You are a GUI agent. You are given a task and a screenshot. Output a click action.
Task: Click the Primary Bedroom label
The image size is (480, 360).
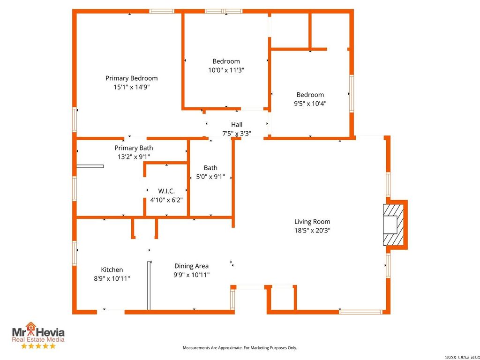[132, 78]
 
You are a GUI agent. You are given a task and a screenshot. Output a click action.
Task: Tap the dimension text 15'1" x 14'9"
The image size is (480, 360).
[132, 87]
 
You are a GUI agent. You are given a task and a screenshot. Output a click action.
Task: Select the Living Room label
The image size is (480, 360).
[312, 222]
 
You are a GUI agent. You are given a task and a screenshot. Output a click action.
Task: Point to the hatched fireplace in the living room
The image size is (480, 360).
[393, 225]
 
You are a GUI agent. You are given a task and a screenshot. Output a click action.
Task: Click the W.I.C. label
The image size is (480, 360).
[166, 191]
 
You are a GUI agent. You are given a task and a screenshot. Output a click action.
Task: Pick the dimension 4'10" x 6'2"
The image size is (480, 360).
[166, 200]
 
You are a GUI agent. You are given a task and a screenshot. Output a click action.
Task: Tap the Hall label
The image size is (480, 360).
[237, 125]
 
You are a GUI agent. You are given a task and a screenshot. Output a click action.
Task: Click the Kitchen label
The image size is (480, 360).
[112, 270]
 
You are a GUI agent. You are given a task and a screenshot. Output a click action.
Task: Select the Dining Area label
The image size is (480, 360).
[192, 266]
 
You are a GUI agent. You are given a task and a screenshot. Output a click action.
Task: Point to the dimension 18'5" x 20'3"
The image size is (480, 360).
[312, 231]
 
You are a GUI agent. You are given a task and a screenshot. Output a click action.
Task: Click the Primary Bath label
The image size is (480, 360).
[134, 148]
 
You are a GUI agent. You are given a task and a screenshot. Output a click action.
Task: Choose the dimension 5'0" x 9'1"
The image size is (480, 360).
[210, 177]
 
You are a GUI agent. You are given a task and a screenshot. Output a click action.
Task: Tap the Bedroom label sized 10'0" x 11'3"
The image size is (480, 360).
[226, 61]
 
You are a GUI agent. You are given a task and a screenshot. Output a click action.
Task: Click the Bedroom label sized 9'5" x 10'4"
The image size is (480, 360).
[310, 95]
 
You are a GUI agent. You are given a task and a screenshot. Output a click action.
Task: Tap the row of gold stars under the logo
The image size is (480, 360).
[38, 346]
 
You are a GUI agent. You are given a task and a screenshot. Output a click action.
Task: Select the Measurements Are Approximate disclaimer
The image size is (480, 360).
[240, 348]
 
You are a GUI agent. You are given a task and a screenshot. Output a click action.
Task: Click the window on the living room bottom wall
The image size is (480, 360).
[361, 312]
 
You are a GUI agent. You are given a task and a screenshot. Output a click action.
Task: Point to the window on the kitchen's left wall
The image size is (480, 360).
[75, 253]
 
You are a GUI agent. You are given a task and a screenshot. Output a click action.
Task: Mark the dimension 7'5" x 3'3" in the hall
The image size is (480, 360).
[237, 134]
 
